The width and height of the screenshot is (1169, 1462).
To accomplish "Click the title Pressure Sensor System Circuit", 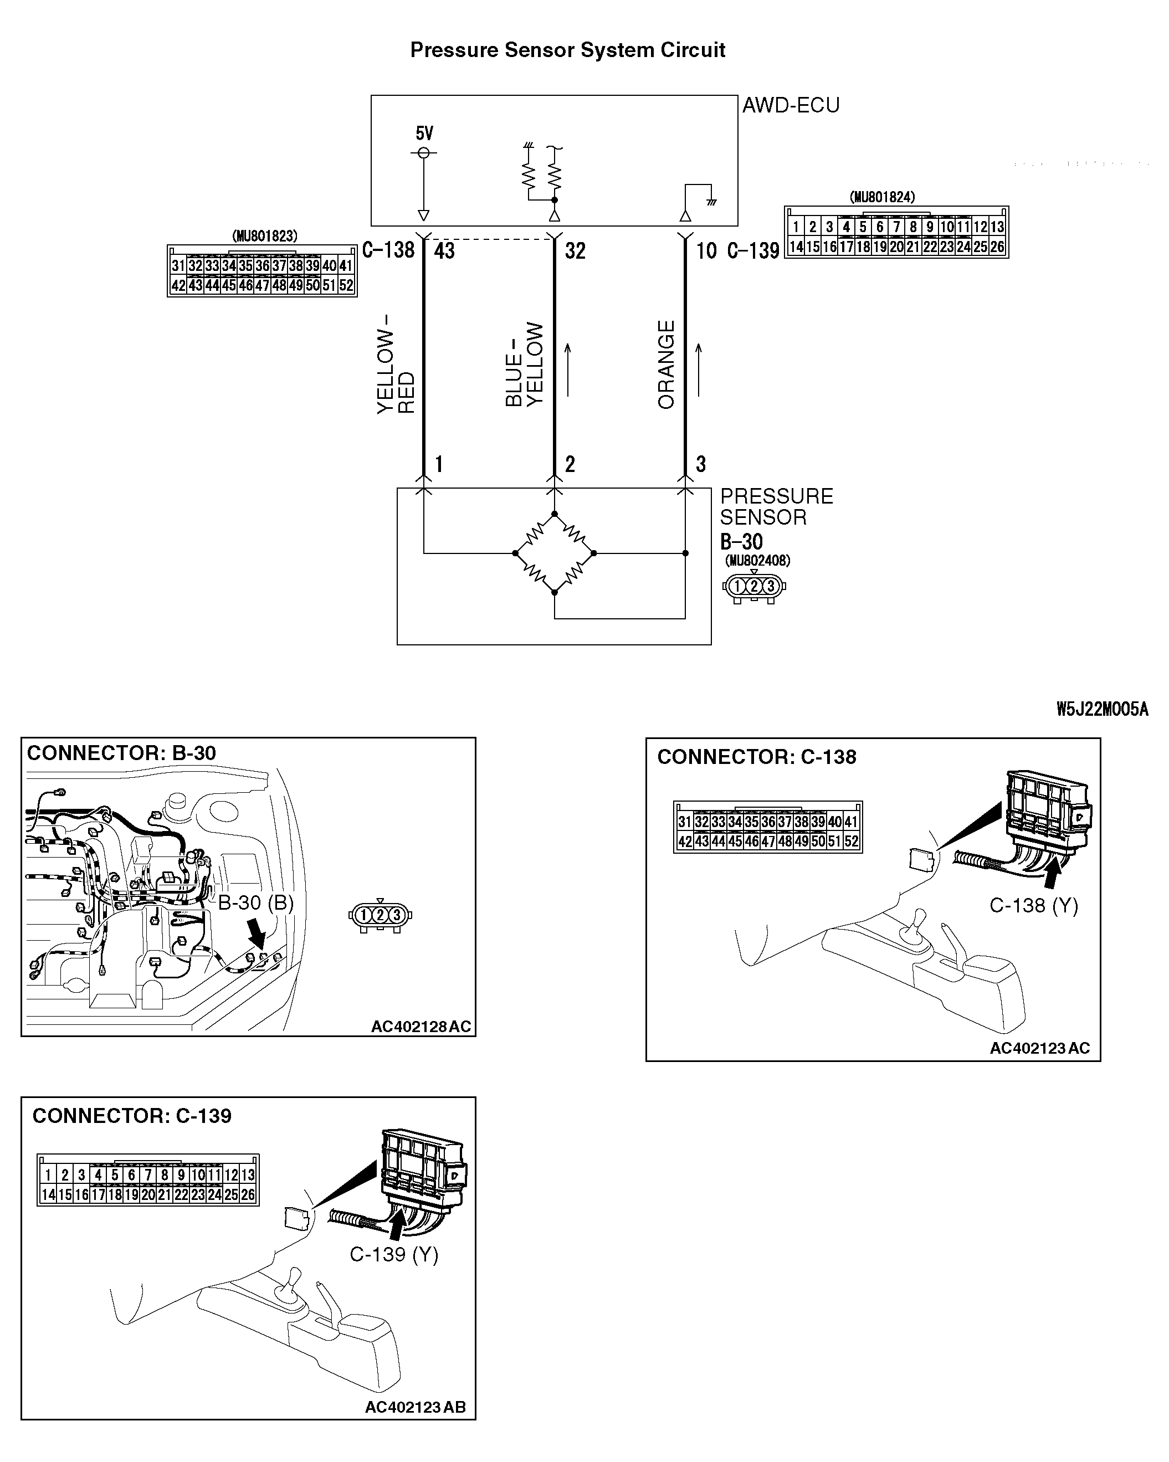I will [x=567, y=50].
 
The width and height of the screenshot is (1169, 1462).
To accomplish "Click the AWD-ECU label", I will [x=791, y=106].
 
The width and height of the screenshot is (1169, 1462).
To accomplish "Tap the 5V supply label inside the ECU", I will [x=424, y=134].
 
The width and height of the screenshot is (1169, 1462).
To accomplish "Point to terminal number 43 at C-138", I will [x=444, y=251].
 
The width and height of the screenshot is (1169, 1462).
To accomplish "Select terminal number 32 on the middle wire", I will [x=575, y=251].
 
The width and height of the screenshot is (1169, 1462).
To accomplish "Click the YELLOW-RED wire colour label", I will [x=396, y=364].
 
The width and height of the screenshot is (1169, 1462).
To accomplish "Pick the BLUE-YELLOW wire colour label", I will [x=524, y=364].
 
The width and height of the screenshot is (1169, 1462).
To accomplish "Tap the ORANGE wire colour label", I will [x=666, y=364].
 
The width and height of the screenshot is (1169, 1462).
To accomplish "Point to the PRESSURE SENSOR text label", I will [x=776, y=506].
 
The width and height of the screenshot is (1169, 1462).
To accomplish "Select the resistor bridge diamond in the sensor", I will [x=554, y=553].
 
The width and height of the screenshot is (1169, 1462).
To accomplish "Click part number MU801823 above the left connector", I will [x=264, y=236].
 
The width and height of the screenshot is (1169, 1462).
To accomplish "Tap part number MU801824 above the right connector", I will [x=882, y=197].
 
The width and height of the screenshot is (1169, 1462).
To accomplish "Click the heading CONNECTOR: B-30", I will [x=121, y=753].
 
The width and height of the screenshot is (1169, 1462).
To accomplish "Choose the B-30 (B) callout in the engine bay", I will [x=255, y=902].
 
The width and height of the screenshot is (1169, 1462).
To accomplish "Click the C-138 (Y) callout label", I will [x=1033, y=905].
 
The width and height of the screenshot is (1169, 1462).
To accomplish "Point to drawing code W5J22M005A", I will [x=1102, y=709].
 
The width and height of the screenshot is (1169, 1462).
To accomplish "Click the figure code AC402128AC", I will [x=421, y=1027].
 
